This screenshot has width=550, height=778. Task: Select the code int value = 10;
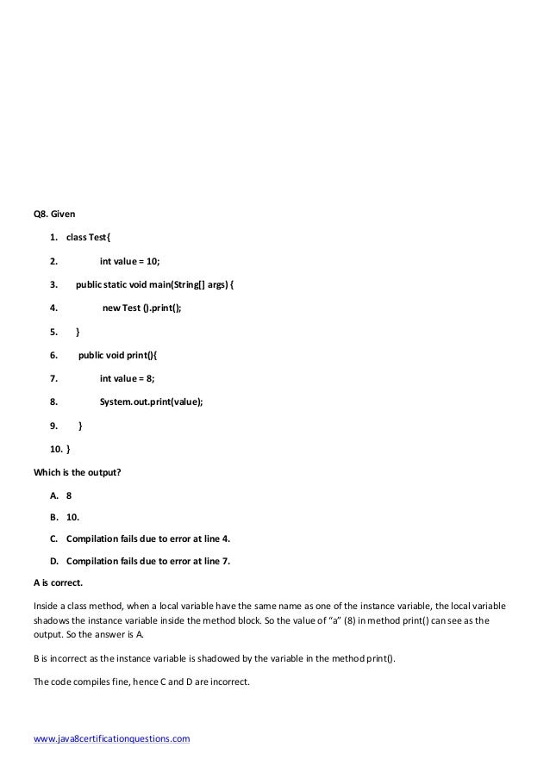click(129, 261)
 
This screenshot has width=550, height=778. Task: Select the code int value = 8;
click(127, 377)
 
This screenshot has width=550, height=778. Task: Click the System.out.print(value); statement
click(152, 401)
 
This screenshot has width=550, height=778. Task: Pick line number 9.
click(53, 425)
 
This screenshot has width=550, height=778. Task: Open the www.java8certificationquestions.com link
click(111, 738)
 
